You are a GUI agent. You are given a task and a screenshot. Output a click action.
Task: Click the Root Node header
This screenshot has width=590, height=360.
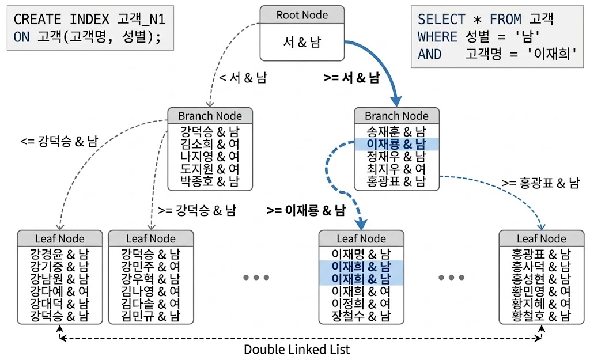tap(302, 15)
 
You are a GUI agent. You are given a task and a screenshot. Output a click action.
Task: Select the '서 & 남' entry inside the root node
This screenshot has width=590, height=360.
tap(302, 42)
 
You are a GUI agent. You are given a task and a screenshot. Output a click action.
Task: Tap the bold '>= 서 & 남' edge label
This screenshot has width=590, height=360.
tap(351, 78)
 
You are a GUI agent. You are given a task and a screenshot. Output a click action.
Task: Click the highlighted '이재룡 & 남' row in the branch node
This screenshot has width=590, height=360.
tap(396, 143)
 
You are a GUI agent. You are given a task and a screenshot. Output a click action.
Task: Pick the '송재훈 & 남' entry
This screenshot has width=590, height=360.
tap(396, 131)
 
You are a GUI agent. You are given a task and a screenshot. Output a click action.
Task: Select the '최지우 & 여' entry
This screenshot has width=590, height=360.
tap(396, 169)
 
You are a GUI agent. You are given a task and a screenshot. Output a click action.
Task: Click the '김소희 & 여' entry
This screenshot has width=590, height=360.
tap(209, 143)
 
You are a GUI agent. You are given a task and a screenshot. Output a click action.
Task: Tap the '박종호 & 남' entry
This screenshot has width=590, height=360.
tap(209, 181)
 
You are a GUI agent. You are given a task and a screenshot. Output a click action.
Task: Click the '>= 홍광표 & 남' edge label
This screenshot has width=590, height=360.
tap(540, 183)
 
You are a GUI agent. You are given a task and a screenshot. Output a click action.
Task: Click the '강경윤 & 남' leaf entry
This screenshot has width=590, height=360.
tap(59, 253)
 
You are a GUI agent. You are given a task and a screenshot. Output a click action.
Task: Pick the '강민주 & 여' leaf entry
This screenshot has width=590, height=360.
tap(150, 266)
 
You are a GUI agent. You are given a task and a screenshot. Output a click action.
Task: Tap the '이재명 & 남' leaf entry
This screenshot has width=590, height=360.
tap(361, 253)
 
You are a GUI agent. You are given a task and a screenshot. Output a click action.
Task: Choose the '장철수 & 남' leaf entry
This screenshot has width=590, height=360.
tap(361, 316)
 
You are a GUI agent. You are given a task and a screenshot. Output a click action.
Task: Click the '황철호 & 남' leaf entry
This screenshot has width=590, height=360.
tap(541, 316)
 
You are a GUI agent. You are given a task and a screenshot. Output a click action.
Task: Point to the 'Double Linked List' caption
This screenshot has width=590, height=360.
tap(297, 349)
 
